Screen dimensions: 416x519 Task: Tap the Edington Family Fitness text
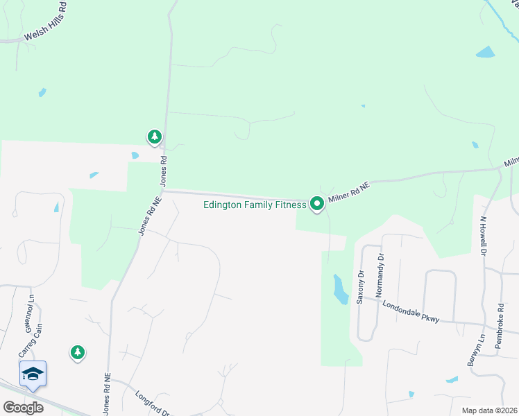tap(254, 205)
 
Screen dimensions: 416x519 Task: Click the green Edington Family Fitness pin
tap(317, 203)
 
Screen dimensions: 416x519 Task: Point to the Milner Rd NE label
tap(350, 192)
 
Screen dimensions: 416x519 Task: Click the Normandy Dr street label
tap(380, 275)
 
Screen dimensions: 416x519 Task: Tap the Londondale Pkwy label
tap(411, 310)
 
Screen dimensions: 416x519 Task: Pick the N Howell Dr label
tap(484, 236)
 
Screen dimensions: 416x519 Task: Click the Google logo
tap(23, 407)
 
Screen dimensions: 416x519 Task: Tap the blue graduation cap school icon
tap(33, 374)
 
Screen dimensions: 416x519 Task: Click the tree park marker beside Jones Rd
tap(154, 136)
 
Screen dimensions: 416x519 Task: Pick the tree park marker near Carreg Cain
tap(78, 352)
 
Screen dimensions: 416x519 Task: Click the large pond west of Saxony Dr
tap(340, 289)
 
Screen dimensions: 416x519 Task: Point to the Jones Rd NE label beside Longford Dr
tap(107, 392)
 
